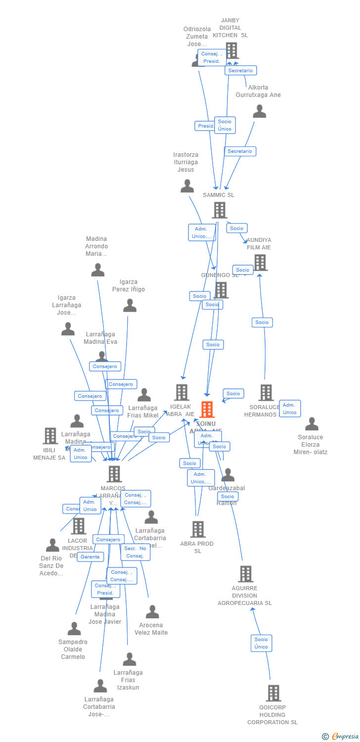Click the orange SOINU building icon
(x=207, y=410)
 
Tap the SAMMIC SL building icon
(x=220, y=210)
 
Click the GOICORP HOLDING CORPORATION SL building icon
(x=273, y=694)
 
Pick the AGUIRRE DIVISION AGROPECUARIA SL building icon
(x=245, y=574)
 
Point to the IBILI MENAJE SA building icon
(x=50, y=436)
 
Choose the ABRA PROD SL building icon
(x=198, y=529)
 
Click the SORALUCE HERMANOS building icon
(x=266, y=393)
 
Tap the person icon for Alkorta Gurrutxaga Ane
(x=260, y=112)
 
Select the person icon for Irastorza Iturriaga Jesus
(x=187, y=186)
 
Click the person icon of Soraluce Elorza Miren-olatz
(x=312, y=424)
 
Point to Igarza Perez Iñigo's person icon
(x=130, y=306)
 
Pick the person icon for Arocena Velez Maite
(x=152, y=612)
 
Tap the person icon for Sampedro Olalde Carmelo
(x=74, y=629)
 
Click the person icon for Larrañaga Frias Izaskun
(x=130, y=659)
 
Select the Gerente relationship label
(x=90, y=557)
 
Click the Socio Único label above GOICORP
(x=261, y=643)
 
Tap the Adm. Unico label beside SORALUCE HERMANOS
(x=290, y=409)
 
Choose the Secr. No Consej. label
(x=135, y=552)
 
